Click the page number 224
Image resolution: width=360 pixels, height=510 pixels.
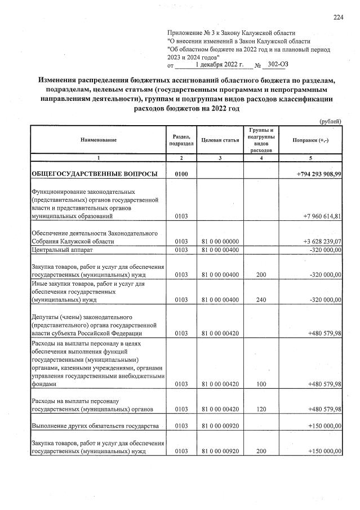click(338, 17)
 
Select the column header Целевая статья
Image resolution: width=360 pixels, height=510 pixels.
click(220, 139)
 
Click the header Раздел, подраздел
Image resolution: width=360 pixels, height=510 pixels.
click(180, 139)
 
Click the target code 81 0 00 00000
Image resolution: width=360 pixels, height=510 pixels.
click(220, 241)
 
